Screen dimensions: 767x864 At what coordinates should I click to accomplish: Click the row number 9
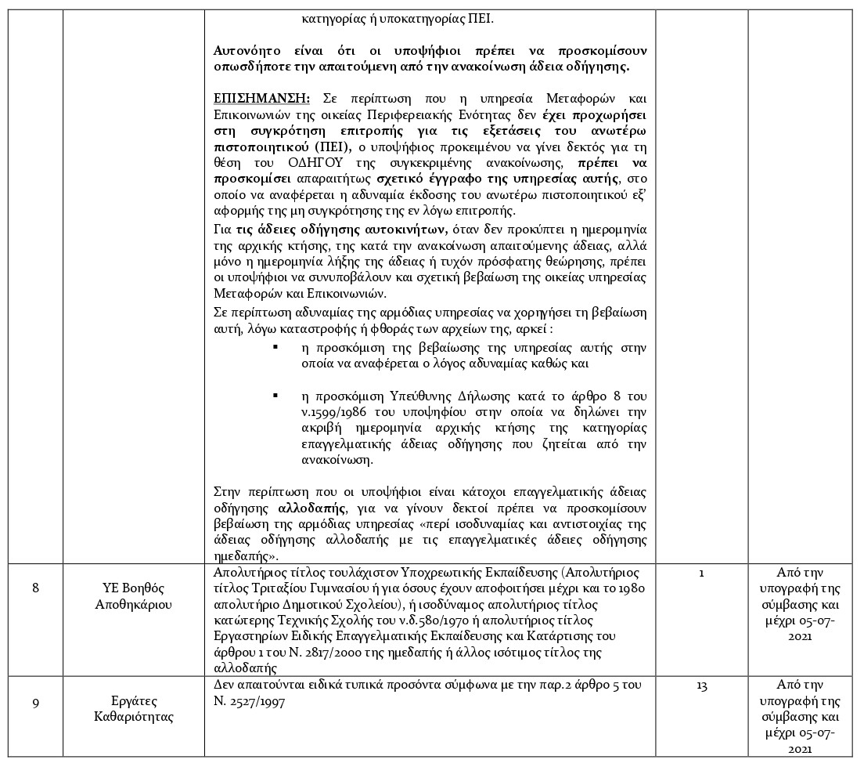(35, 702)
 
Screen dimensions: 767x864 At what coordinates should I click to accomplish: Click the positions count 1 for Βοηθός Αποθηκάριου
(701, 573)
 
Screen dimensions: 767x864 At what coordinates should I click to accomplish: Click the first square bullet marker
(275, 346)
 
